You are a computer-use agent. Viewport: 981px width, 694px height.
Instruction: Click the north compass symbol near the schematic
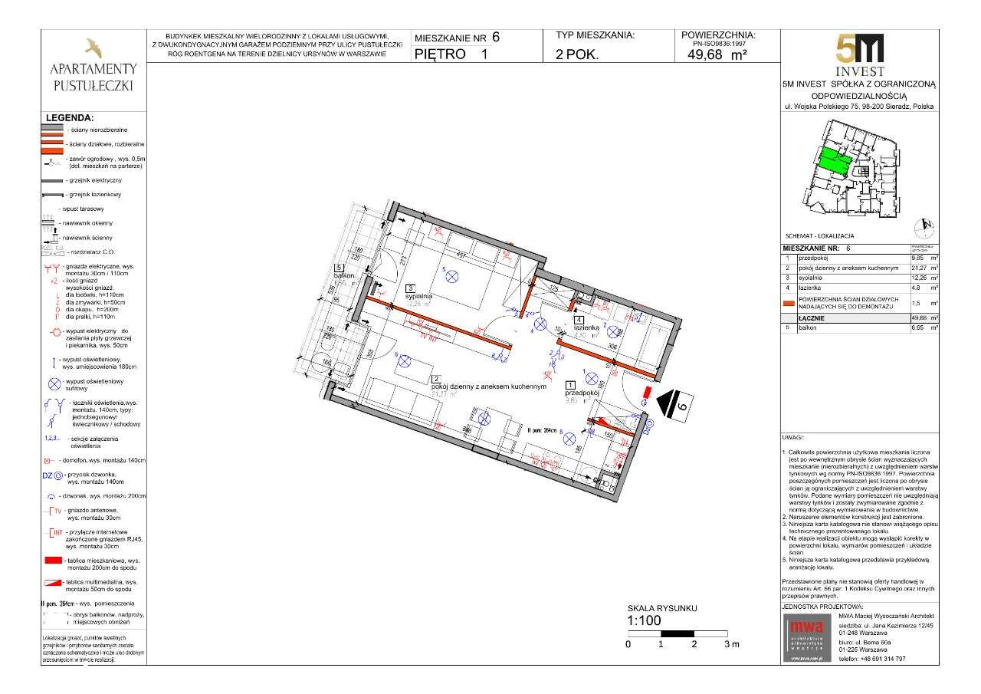926,226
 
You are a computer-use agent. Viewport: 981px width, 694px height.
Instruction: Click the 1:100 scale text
645,621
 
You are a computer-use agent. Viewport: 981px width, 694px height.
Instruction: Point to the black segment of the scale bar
677,634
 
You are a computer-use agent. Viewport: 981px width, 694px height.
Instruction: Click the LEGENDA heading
70,118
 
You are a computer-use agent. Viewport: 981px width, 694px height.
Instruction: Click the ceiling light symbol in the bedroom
451,277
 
